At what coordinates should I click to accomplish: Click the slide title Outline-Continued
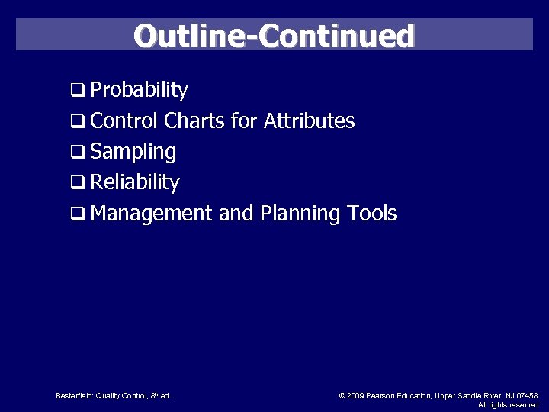pyautogui.click(x=274, y=36)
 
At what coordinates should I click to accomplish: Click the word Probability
pyautogui.click(x=139, y=90)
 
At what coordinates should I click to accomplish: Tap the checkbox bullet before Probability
pyautogui.click(x=78, y=91)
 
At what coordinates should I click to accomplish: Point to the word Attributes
pyautogui.click(x=309, y=121)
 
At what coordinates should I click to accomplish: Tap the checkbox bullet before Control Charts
pyautogui.click(x=78, y=121)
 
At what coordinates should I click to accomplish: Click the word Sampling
pyautogui.click(x=133, y=153)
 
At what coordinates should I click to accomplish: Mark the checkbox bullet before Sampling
pyautogui.click(x=78, y=153)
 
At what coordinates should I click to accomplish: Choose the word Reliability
pyautogui.click(x=135, y=183)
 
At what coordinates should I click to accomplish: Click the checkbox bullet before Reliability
pyautogui.click(x=78, y=183)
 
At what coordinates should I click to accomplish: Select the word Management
pyautogui.click(x=151, y=214)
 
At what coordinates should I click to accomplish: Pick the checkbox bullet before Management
pyautogui.click(x=78, y=214)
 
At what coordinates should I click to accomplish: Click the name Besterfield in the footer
pyautogui.click(x=74, y=395)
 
